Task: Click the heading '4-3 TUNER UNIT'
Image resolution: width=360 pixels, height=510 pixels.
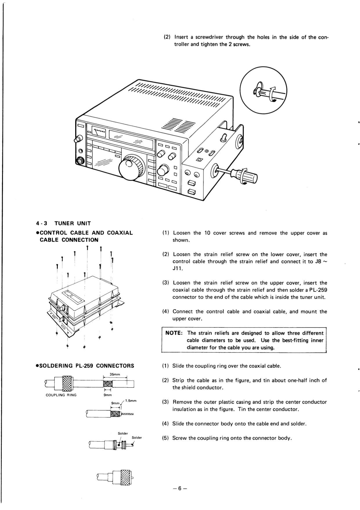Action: [x=64, y=223]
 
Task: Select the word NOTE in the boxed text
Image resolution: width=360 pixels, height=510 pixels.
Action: [x=173, y=333]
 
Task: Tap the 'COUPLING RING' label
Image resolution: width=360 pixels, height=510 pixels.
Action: [x=61, y=395]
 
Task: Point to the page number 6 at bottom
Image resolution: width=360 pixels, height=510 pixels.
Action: [x=179, y=489]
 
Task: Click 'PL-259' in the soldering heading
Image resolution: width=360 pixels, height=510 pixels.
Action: [x=84, y=366]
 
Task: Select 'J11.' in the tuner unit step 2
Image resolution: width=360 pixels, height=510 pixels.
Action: [x=178, y=269]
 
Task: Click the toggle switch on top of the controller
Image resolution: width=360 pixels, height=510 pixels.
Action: [x=224, y=137]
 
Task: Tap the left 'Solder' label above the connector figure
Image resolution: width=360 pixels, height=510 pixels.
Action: [x=123, y=433]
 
